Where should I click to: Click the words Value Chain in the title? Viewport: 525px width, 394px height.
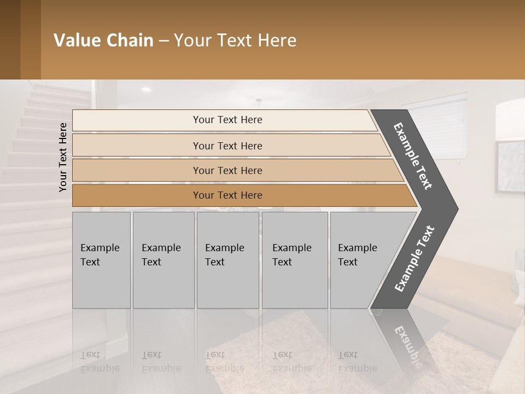coord(103,40)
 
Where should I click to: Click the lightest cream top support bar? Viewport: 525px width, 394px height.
coord(227,120)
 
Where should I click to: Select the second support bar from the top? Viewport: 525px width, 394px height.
coord(227,146)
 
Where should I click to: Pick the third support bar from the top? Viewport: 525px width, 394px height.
coord(227,170)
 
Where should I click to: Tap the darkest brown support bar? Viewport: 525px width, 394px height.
coord(227,195)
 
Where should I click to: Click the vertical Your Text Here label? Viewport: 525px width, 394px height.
coord(63,157)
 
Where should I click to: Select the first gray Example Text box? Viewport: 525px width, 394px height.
coord(101,260)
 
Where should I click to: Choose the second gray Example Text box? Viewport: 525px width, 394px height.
coord(164,260)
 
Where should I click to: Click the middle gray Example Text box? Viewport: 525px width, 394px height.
coord(227,260)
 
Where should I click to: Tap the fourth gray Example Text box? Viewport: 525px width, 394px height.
coord(295,260)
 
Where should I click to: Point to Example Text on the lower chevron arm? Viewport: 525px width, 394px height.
coord(415,259)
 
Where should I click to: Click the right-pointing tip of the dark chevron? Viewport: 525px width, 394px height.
coord(454,208)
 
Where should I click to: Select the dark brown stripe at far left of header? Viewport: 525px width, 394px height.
coord(10,39)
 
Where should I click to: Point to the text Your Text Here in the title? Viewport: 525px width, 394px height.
coord(235,40)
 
